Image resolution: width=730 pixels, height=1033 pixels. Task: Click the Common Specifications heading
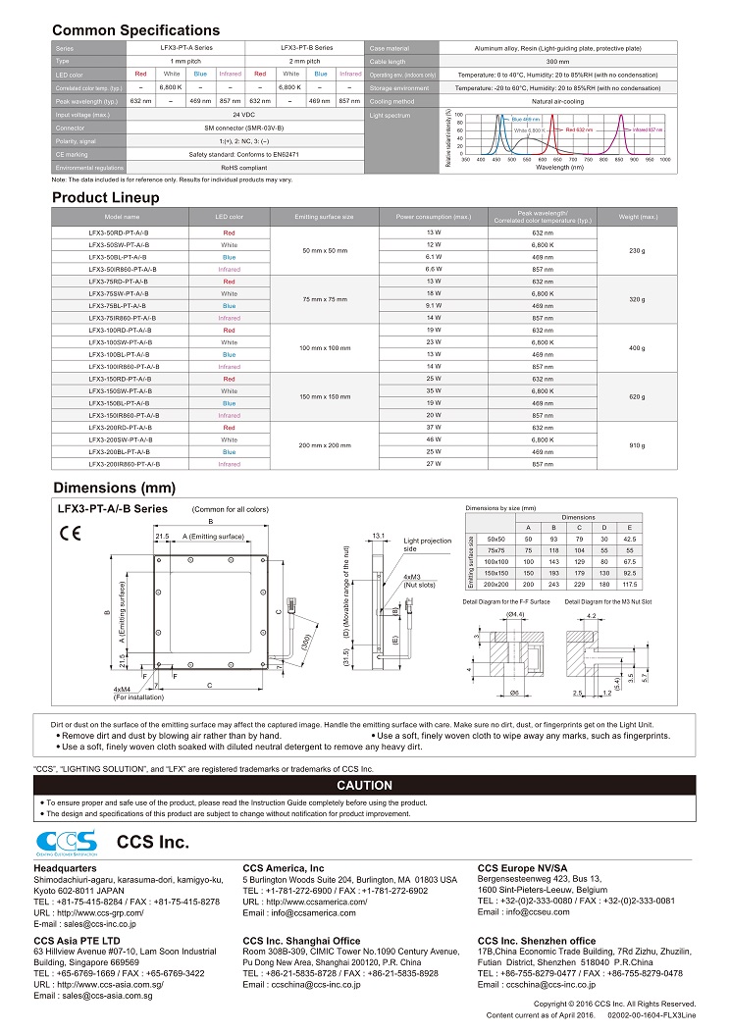tap(135, 30)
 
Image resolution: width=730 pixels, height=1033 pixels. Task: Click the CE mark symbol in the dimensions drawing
tap(70, 534)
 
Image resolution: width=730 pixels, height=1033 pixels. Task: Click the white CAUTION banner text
tap(364, 786)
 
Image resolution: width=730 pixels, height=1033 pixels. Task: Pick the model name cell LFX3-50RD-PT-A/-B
tap(123, 232)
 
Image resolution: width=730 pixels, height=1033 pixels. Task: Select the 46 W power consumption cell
tap(433, 439)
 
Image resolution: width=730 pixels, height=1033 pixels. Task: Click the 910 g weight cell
tap(636, 445)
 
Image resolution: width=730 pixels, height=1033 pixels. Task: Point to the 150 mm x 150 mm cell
tap(324, 396)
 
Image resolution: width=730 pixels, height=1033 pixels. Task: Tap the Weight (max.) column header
tap(638, 216)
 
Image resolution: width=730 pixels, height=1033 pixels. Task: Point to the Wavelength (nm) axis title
tap(558, 168)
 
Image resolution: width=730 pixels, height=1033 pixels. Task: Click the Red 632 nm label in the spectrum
tap(579, 129)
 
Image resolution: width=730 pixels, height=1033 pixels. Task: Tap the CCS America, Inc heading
tap(283, 868)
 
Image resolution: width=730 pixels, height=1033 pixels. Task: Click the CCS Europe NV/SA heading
tap(522, 868)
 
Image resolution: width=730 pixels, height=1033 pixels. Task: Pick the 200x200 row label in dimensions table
tap(496, 583)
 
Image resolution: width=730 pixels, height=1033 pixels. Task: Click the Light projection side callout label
tap(428, 543)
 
